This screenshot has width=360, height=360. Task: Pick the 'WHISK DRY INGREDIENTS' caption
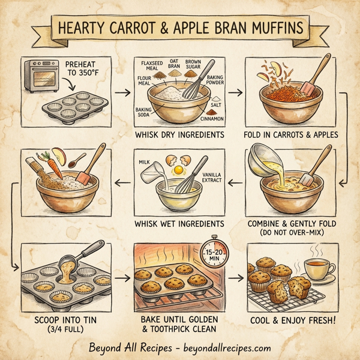(180, 135)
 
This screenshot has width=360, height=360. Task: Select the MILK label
(143, 163)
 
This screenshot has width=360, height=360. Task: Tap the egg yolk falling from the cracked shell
(178, 171)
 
